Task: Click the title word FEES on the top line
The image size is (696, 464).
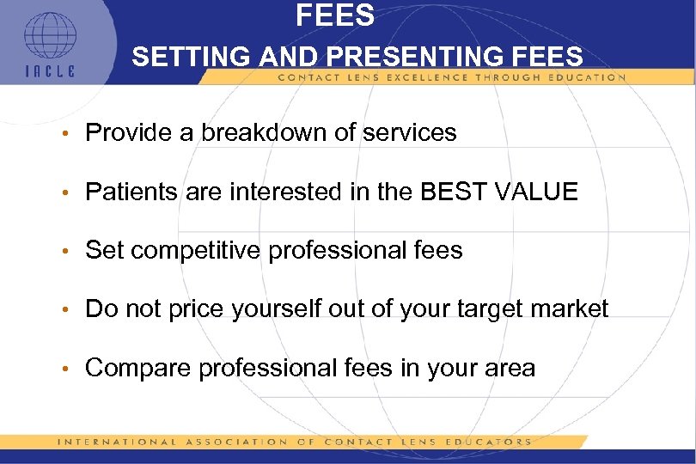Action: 335,15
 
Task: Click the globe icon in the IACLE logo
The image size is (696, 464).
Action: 49,36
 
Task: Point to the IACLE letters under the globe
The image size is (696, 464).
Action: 49,72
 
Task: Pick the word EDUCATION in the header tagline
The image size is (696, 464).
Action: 585,77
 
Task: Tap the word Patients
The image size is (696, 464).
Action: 133,192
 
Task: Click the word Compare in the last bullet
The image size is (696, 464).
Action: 138,369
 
